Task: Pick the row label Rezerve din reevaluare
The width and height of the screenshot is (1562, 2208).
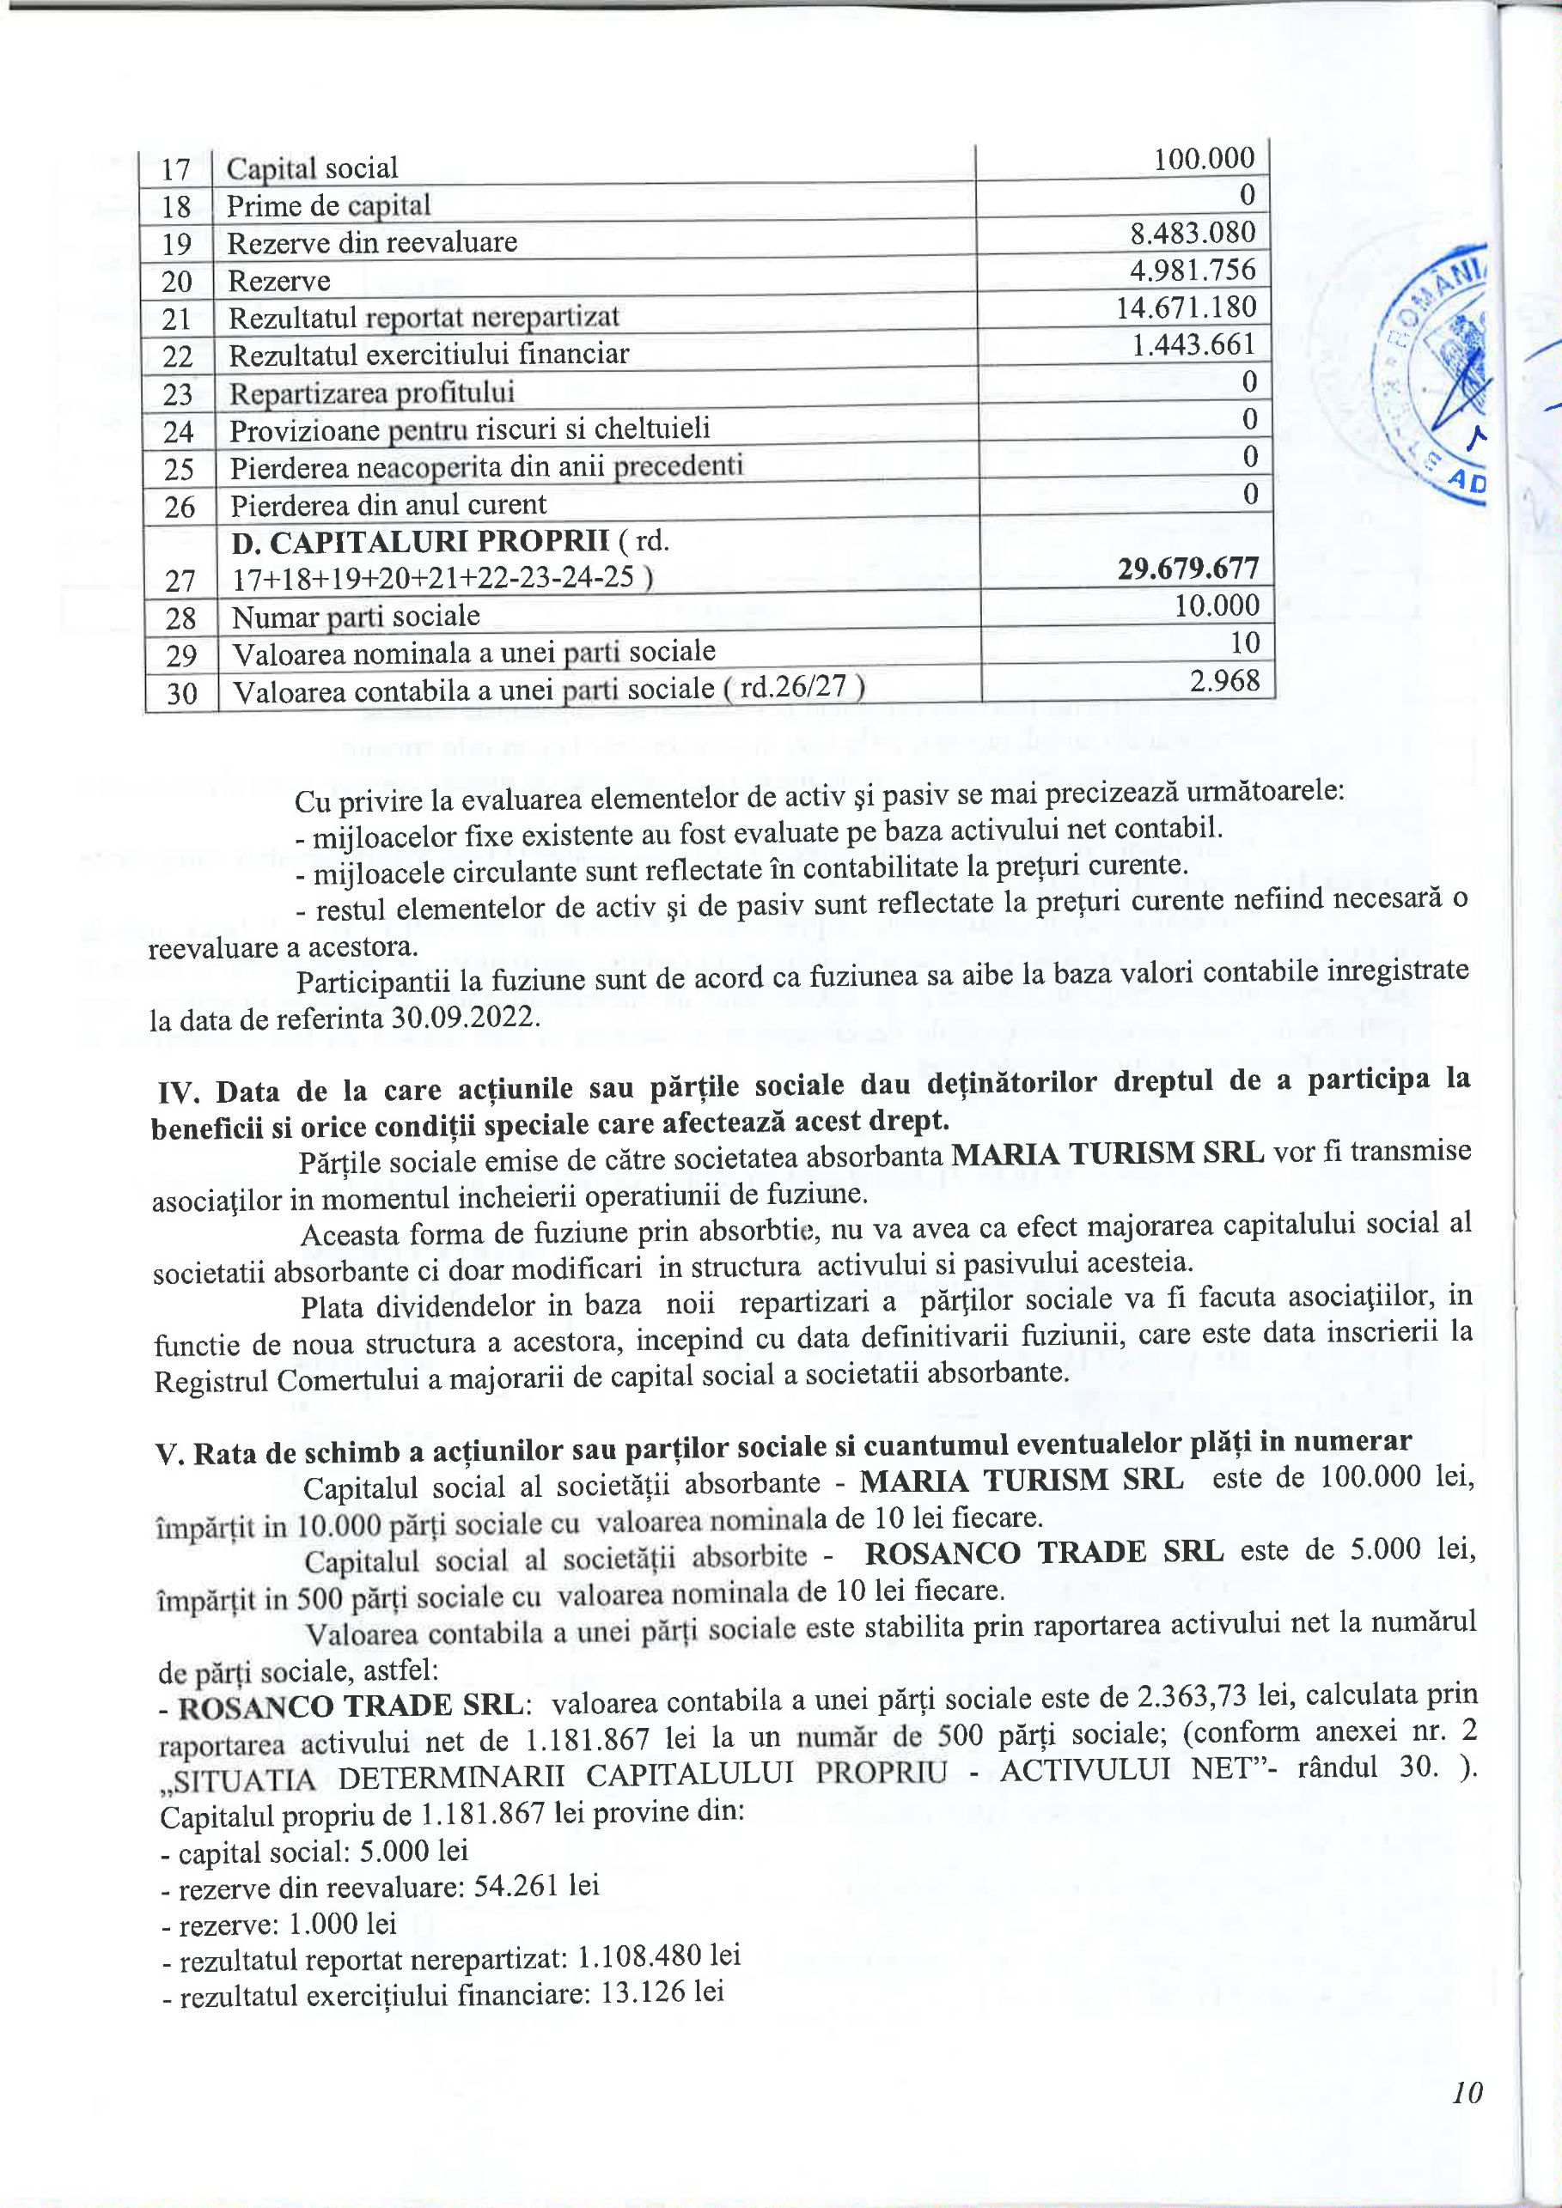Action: point(371,242)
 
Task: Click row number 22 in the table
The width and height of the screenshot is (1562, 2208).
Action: point(177,356)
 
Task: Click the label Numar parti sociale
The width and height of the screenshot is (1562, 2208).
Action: point(355,617)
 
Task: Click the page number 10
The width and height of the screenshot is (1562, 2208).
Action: point(1467,2092)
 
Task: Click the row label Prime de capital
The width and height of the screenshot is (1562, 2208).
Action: point(328,206)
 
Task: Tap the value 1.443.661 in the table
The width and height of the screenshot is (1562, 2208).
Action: point(1193,344)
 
